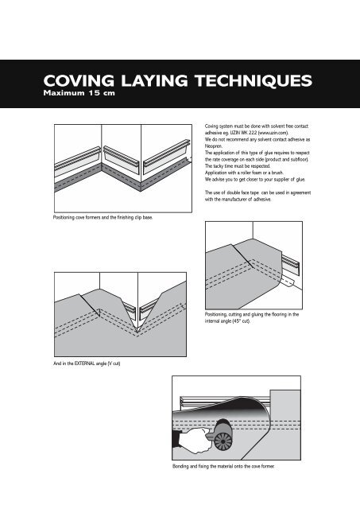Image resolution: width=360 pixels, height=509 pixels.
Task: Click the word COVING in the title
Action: click(x=79, y=81)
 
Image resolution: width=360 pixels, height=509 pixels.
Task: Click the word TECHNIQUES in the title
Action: click(x=254, y=81)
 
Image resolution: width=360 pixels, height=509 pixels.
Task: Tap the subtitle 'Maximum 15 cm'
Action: click(x=79, y=93)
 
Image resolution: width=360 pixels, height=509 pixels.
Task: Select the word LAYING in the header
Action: click(x=154, y=81)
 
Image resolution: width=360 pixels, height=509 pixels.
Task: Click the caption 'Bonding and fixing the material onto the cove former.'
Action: click(x=223, y=466)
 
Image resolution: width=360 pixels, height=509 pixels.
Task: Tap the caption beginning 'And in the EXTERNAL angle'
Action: click(x=87, y=363)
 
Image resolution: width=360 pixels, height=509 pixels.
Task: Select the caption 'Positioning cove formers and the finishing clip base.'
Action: click(x=103, y=217)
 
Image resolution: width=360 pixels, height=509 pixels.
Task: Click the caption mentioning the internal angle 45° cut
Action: click(x=252, y=317)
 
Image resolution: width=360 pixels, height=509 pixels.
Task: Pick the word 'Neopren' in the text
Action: click(x=214, y=146)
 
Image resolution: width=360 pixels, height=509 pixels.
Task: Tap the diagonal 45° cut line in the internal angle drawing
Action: click(x=242, y=255)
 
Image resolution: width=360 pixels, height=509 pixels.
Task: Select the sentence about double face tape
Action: click(x=257, y=196)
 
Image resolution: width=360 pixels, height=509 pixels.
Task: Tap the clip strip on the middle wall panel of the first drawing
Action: click(x=122, y=156)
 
